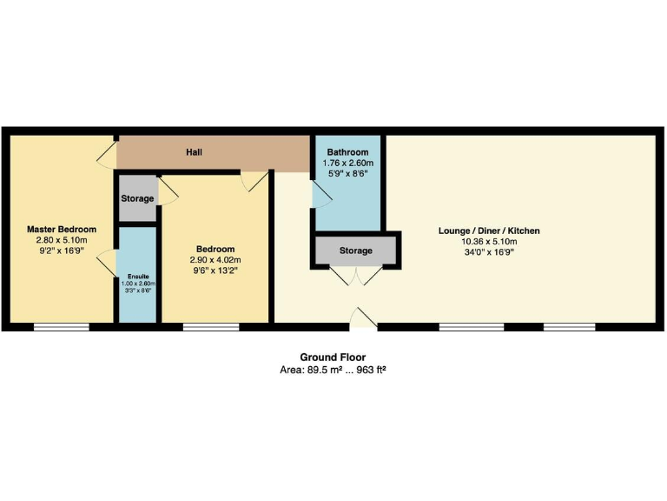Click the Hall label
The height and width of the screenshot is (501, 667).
coord(195,152)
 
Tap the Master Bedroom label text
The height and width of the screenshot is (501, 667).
coord(61,229)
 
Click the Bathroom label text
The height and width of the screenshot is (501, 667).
coord(347,152)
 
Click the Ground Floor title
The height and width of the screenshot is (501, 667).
coord(333,357)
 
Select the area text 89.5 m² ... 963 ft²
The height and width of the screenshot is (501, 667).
coord(333,370)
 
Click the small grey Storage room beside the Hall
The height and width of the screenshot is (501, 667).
coord(136,198)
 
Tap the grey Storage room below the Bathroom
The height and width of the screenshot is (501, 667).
coord(355,250)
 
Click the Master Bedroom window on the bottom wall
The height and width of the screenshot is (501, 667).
coord(61,327)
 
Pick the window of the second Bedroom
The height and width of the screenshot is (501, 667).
coord(211,327)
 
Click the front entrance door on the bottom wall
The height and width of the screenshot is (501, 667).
coord(363,320)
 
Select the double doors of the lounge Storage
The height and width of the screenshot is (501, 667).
coord(356,275)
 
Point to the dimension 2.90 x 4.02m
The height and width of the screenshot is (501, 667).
coord(215,259)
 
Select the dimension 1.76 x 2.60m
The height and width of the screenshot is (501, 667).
coord(347,163)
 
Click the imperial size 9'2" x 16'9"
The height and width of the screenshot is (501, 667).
coord(61,250)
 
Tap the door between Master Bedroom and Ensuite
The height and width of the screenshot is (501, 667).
coord(108,261)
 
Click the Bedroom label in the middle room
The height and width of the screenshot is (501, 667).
coord(215,249)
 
